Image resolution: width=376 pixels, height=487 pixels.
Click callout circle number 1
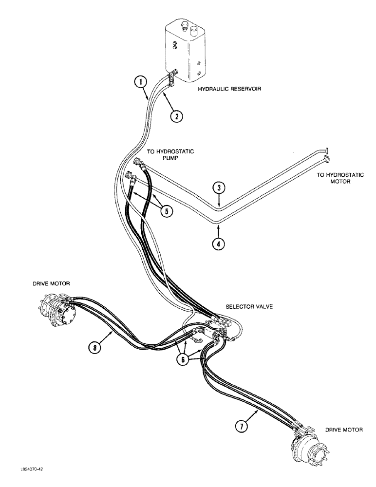pos(141,83)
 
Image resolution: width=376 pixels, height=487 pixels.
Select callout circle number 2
pos(176,116)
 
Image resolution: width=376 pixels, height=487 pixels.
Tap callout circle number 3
pos(220,188)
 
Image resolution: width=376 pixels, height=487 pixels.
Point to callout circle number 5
pos(167,211)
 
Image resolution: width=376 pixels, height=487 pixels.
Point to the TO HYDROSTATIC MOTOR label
pos(340,178)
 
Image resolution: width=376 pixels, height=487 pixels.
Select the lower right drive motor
pos(311,451)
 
